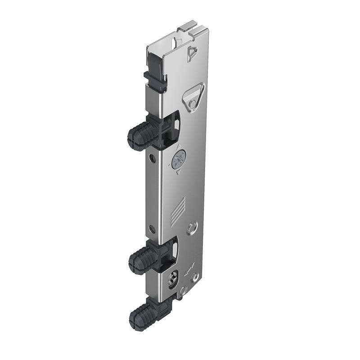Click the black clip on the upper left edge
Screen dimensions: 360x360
[155, 81]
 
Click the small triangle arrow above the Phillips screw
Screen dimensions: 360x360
[179, 148]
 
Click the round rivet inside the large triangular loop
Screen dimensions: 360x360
[192, 104]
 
